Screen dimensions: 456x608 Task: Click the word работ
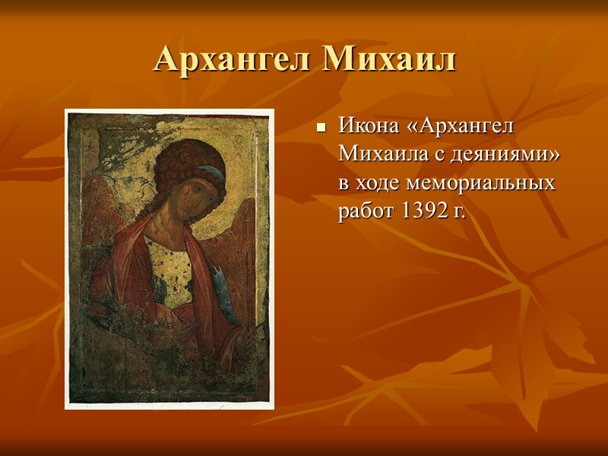point(364,213)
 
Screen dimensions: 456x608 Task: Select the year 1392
point(420,213)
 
